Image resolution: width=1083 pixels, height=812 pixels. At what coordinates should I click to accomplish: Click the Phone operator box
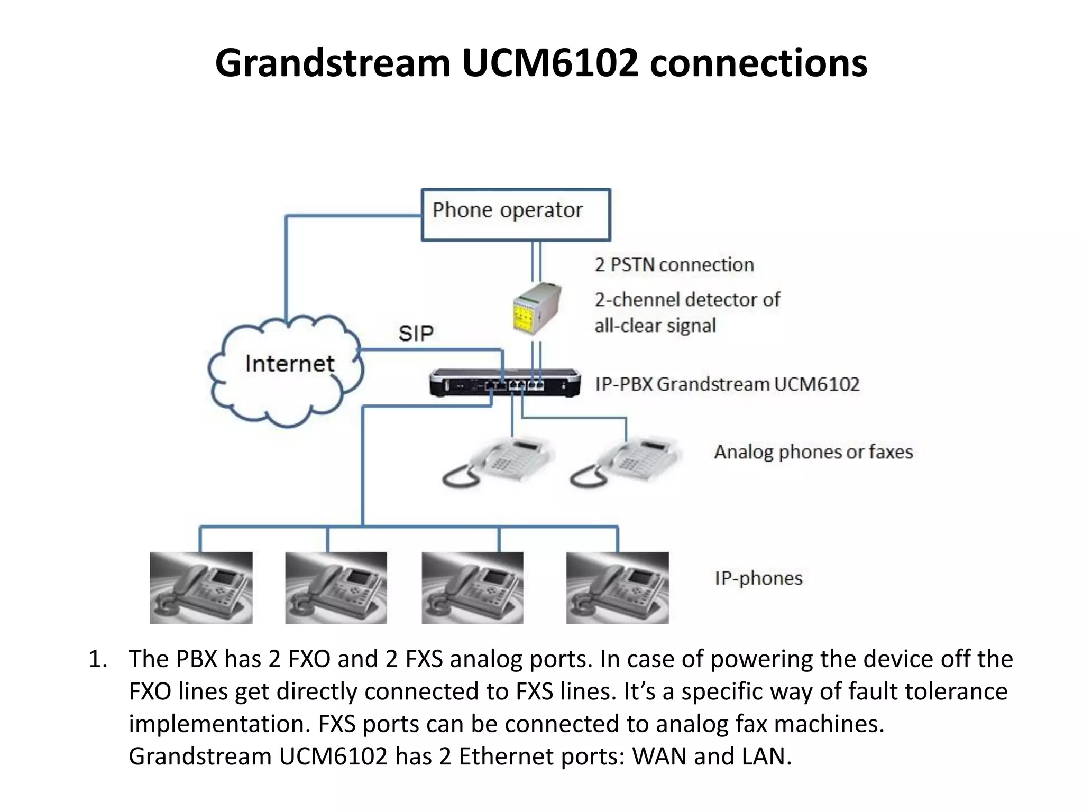[x=516, y=215]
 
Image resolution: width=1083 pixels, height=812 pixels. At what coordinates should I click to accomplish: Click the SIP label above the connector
[x=416, y=334]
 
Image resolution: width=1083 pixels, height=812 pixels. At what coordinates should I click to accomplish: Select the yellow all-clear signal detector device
[x=536, y=310]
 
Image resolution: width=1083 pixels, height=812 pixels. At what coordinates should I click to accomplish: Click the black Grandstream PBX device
[x=505, y=383]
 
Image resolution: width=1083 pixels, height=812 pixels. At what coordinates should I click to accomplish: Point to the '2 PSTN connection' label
[x=674, y=265]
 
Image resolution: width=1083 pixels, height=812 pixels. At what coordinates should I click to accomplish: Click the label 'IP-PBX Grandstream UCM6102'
[x=727, y=384]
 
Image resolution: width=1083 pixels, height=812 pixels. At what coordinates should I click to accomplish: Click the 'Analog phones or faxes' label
[x=813, y=452]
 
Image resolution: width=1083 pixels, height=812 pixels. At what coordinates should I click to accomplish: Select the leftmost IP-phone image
[x=201, y=588]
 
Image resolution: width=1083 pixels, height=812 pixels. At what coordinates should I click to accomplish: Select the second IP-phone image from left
[x=336, y=588]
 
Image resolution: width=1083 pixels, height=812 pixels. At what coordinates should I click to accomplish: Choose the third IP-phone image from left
[x=472, y=588]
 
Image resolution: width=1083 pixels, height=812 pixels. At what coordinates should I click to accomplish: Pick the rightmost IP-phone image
[x=617, y=588]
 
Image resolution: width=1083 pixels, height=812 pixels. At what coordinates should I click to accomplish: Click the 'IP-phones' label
[x=758, y=578]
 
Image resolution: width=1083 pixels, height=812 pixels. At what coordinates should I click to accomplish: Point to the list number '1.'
[x=98, y=659]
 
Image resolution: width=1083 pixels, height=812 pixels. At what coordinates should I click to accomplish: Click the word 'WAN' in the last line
[x=659, y=756]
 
